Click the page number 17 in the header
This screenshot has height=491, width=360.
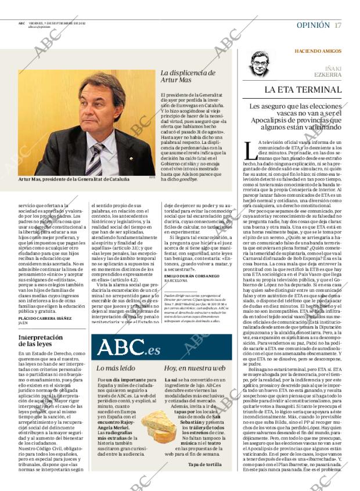coord(338,25)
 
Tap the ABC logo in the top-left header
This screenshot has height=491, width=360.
coord(21,23)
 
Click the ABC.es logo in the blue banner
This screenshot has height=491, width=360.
coord(128,348)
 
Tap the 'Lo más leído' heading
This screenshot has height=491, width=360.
coord(116,368)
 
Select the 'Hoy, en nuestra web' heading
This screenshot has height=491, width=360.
coord(193,368)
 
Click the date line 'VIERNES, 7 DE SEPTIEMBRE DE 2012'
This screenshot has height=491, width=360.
coord(57,23)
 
